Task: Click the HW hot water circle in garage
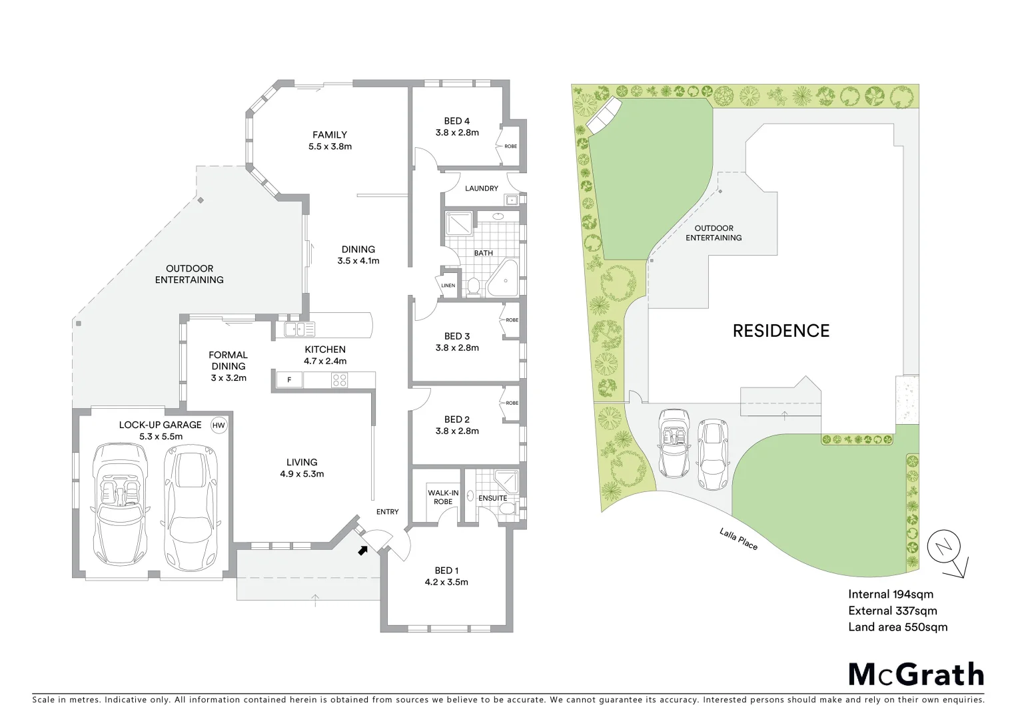[x=219, y=425]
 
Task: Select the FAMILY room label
[x=330, y=134]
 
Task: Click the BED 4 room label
[x=457, y=121]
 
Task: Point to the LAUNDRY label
[x=481, y=188]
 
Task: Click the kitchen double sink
[x=299, y=329]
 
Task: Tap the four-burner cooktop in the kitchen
[x=339, y=380]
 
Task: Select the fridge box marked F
[x=289, y=380]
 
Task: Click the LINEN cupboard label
[x=448, y=286]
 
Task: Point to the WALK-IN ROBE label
[x=443, y=497]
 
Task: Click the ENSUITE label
[x=492, y=498]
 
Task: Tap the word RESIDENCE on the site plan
[x=781, y=331]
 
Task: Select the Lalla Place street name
[x=738, y=539]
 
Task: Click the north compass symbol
[x=943, y=548]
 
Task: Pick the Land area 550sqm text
[x=897, y=627]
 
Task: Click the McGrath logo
[x=915, y=674]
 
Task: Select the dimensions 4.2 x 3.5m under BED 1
[x=446, y=582]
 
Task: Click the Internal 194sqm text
[x=890, y=595]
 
